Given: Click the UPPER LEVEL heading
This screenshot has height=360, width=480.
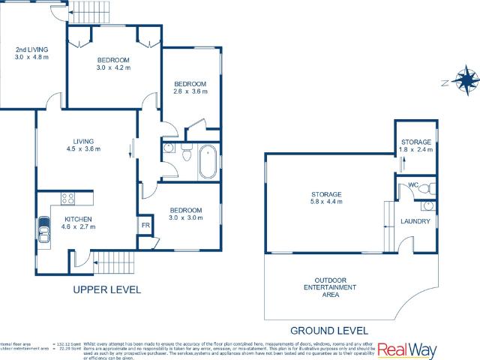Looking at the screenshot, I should tap(106, 289).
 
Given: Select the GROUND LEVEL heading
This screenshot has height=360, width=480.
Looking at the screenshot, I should tap(330, 330).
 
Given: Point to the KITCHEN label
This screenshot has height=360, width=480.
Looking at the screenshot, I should tap(77, 219).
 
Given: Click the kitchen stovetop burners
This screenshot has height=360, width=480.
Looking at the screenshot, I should tap(67, 199).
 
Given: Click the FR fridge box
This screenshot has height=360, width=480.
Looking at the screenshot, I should tap(146, 225).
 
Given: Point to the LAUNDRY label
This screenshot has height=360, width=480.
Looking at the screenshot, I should tap(415, 221).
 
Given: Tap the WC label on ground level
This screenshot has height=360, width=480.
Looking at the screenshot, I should tap(412, 184).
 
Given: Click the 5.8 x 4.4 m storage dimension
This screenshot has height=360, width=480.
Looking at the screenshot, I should tap(327, 202).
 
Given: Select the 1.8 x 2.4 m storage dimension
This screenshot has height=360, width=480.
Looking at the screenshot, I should tap(415, 150).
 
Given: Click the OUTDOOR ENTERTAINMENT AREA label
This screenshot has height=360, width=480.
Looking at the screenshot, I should tap(330, 287).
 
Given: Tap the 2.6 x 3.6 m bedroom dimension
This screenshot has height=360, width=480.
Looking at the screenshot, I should tap(190, 91).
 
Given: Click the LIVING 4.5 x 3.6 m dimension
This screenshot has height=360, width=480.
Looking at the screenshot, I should tap(82, 148).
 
